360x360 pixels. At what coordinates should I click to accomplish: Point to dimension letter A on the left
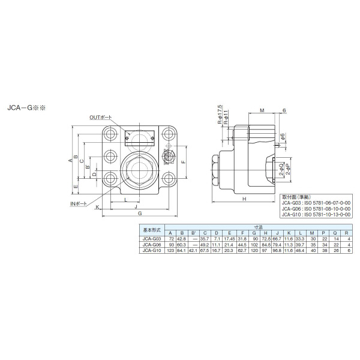[x=70, y=160]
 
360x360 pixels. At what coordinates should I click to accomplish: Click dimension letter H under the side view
[x=244, y=199]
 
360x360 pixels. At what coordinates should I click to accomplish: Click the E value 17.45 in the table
[x=229, y=239]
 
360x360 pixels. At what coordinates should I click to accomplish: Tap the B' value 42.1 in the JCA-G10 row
[x=193, y=250]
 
